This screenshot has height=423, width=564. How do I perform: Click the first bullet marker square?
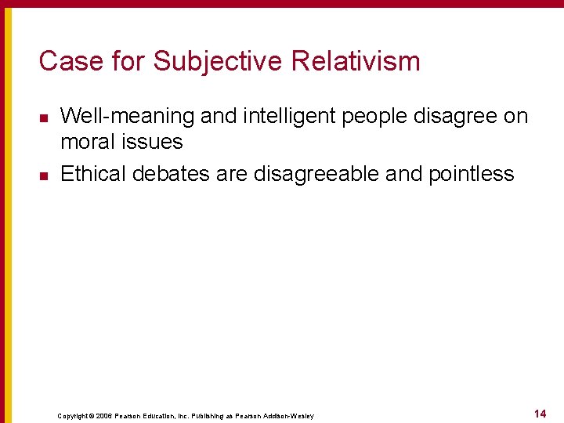point(43,118)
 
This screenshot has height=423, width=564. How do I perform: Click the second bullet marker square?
point(43,175)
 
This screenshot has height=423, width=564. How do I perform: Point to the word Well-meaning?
point(127,117)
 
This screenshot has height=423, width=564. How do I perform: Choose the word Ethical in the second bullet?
point(93,173)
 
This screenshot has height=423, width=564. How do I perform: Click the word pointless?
point(472,173)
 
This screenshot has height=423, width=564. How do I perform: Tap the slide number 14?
point(540,413)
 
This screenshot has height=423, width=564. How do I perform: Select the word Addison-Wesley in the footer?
point(289,415)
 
